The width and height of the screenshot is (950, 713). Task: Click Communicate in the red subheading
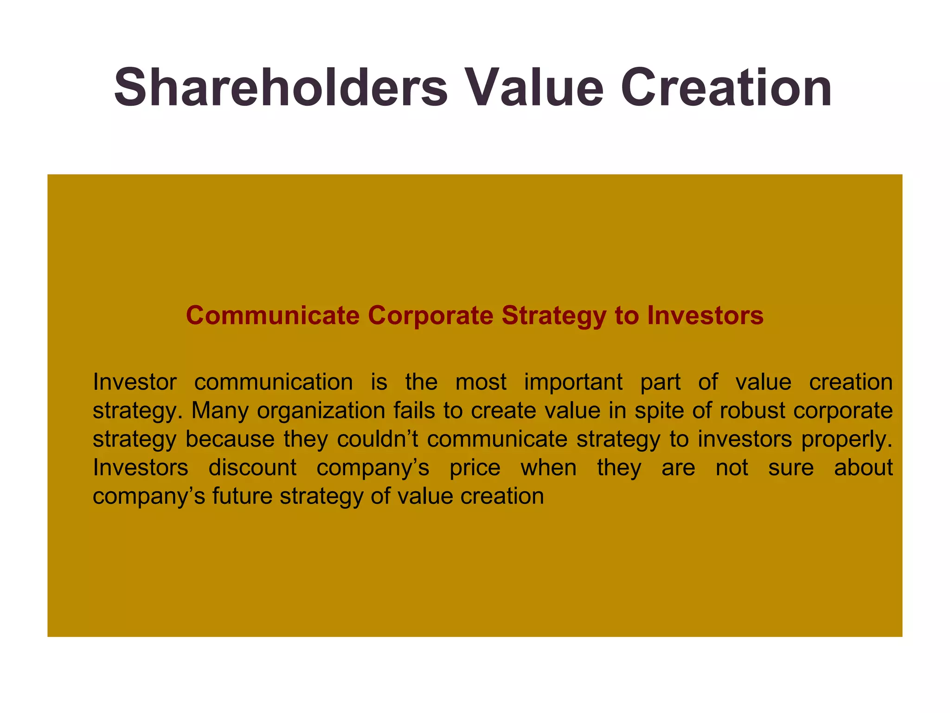coord(273,316)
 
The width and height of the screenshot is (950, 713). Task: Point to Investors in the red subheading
coord(705,316)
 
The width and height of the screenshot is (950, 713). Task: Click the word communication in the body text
coord(274,382)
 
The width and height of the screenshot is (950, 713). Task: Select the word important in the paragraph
coord(573,382)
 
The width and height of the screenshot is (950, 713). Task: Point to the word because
coord(230,439)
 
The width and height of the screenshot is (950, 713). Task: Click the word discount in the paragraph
coord(252,467)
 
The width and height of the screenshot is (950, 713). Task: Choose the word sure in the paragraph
coord(791,468)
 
